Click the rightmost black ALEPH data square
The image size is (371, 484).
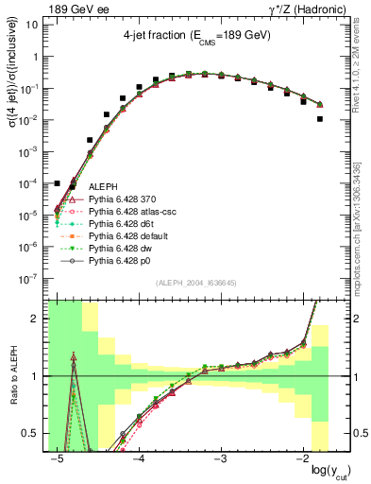coord(320,119)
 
